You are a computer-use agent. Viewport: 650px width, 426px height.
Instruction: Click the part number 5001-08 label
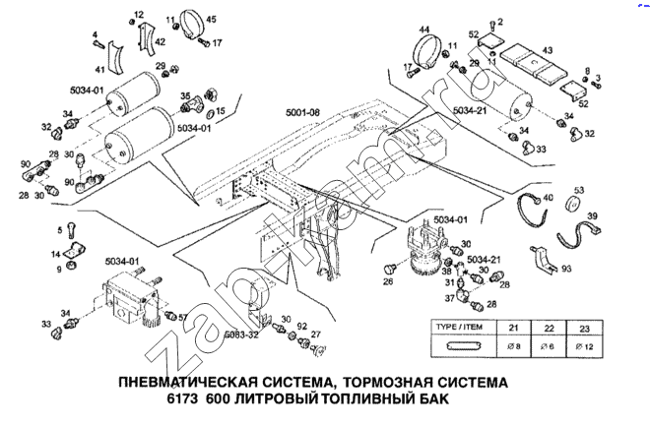[x=301, y=112]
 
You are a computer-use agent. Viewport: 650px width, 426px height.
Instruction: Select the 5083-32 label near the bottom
[x=240, y=335]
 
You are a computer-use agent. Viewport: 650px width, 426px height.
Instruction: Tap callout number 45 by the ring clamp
[x=212, y=20]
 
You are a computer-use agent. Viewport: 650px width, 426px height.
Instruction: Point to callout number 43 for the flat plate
[x=547, y=50]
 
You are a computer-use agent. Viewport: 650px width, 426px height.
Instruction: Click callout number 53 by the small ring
[x=579, y=190]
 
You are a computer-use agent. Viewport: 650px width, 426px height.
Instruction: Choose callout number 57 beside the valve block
[x=182, y=317]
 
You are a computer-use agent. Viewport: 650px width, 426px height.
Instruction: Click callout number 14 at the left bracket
[x=56, y=254]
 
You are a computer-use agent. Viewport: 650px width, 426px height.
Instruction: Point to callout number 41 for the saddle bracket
[x=99, y=70]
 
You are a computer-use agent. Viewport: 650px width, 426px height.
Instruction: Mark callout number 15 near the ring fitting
[x=220, y=111]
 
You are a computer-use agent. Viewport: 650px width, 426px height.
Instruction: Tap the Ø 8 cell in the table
[x=513, y=345]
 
